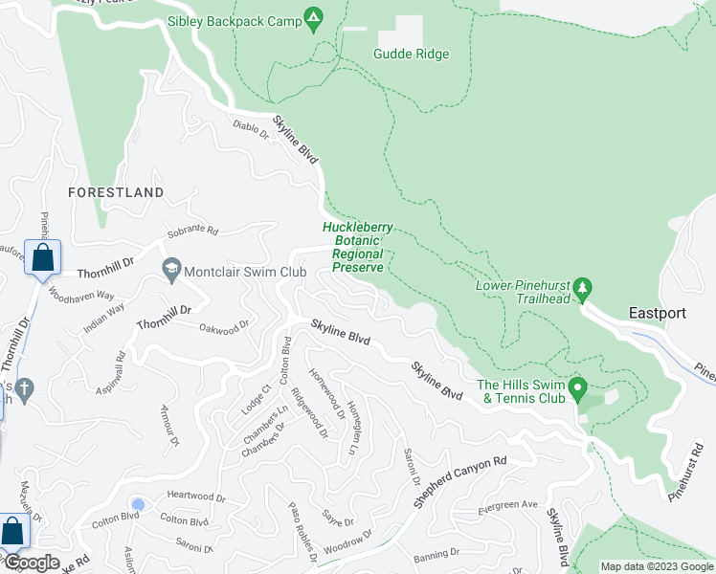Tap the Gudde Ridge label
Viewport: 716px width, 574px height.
point(411,55)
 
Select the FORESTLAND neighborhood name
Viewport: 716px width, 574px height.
point(116,192)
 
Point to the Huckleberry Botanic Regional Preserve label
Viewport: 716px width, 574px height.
point(357,248)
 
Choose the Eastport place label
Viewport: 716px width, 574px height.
point(657,313)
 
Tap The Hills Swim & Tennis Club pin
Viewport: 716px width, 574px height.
point(577,388)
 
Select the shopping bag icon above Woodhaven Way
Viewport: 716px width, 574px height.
point(43,257)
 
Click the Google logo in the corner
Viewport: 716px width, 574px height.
point(31,563)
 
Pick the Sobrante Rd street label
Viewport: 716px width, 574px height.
point(193,232)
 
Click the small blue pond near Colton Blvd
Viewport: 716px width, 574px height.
point(139,504)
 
